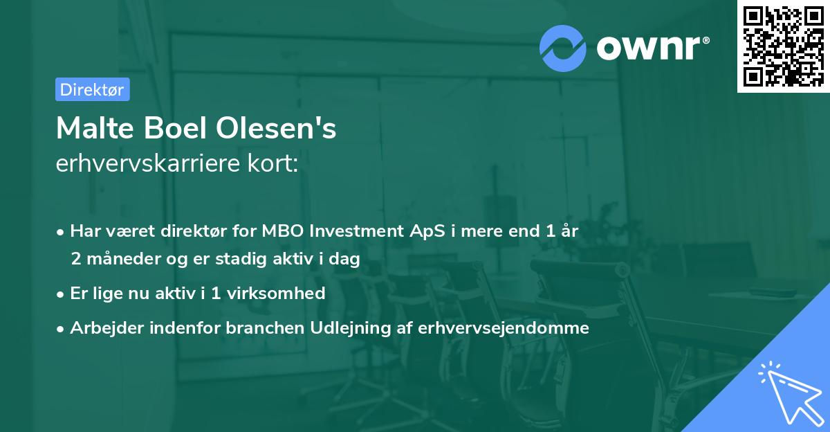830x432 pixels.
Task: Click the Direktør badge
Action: [92, 89]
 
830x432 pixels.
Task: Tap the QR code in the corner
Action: [783, 46]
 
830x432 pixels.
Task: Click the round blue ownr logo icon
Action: [562, 48]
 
